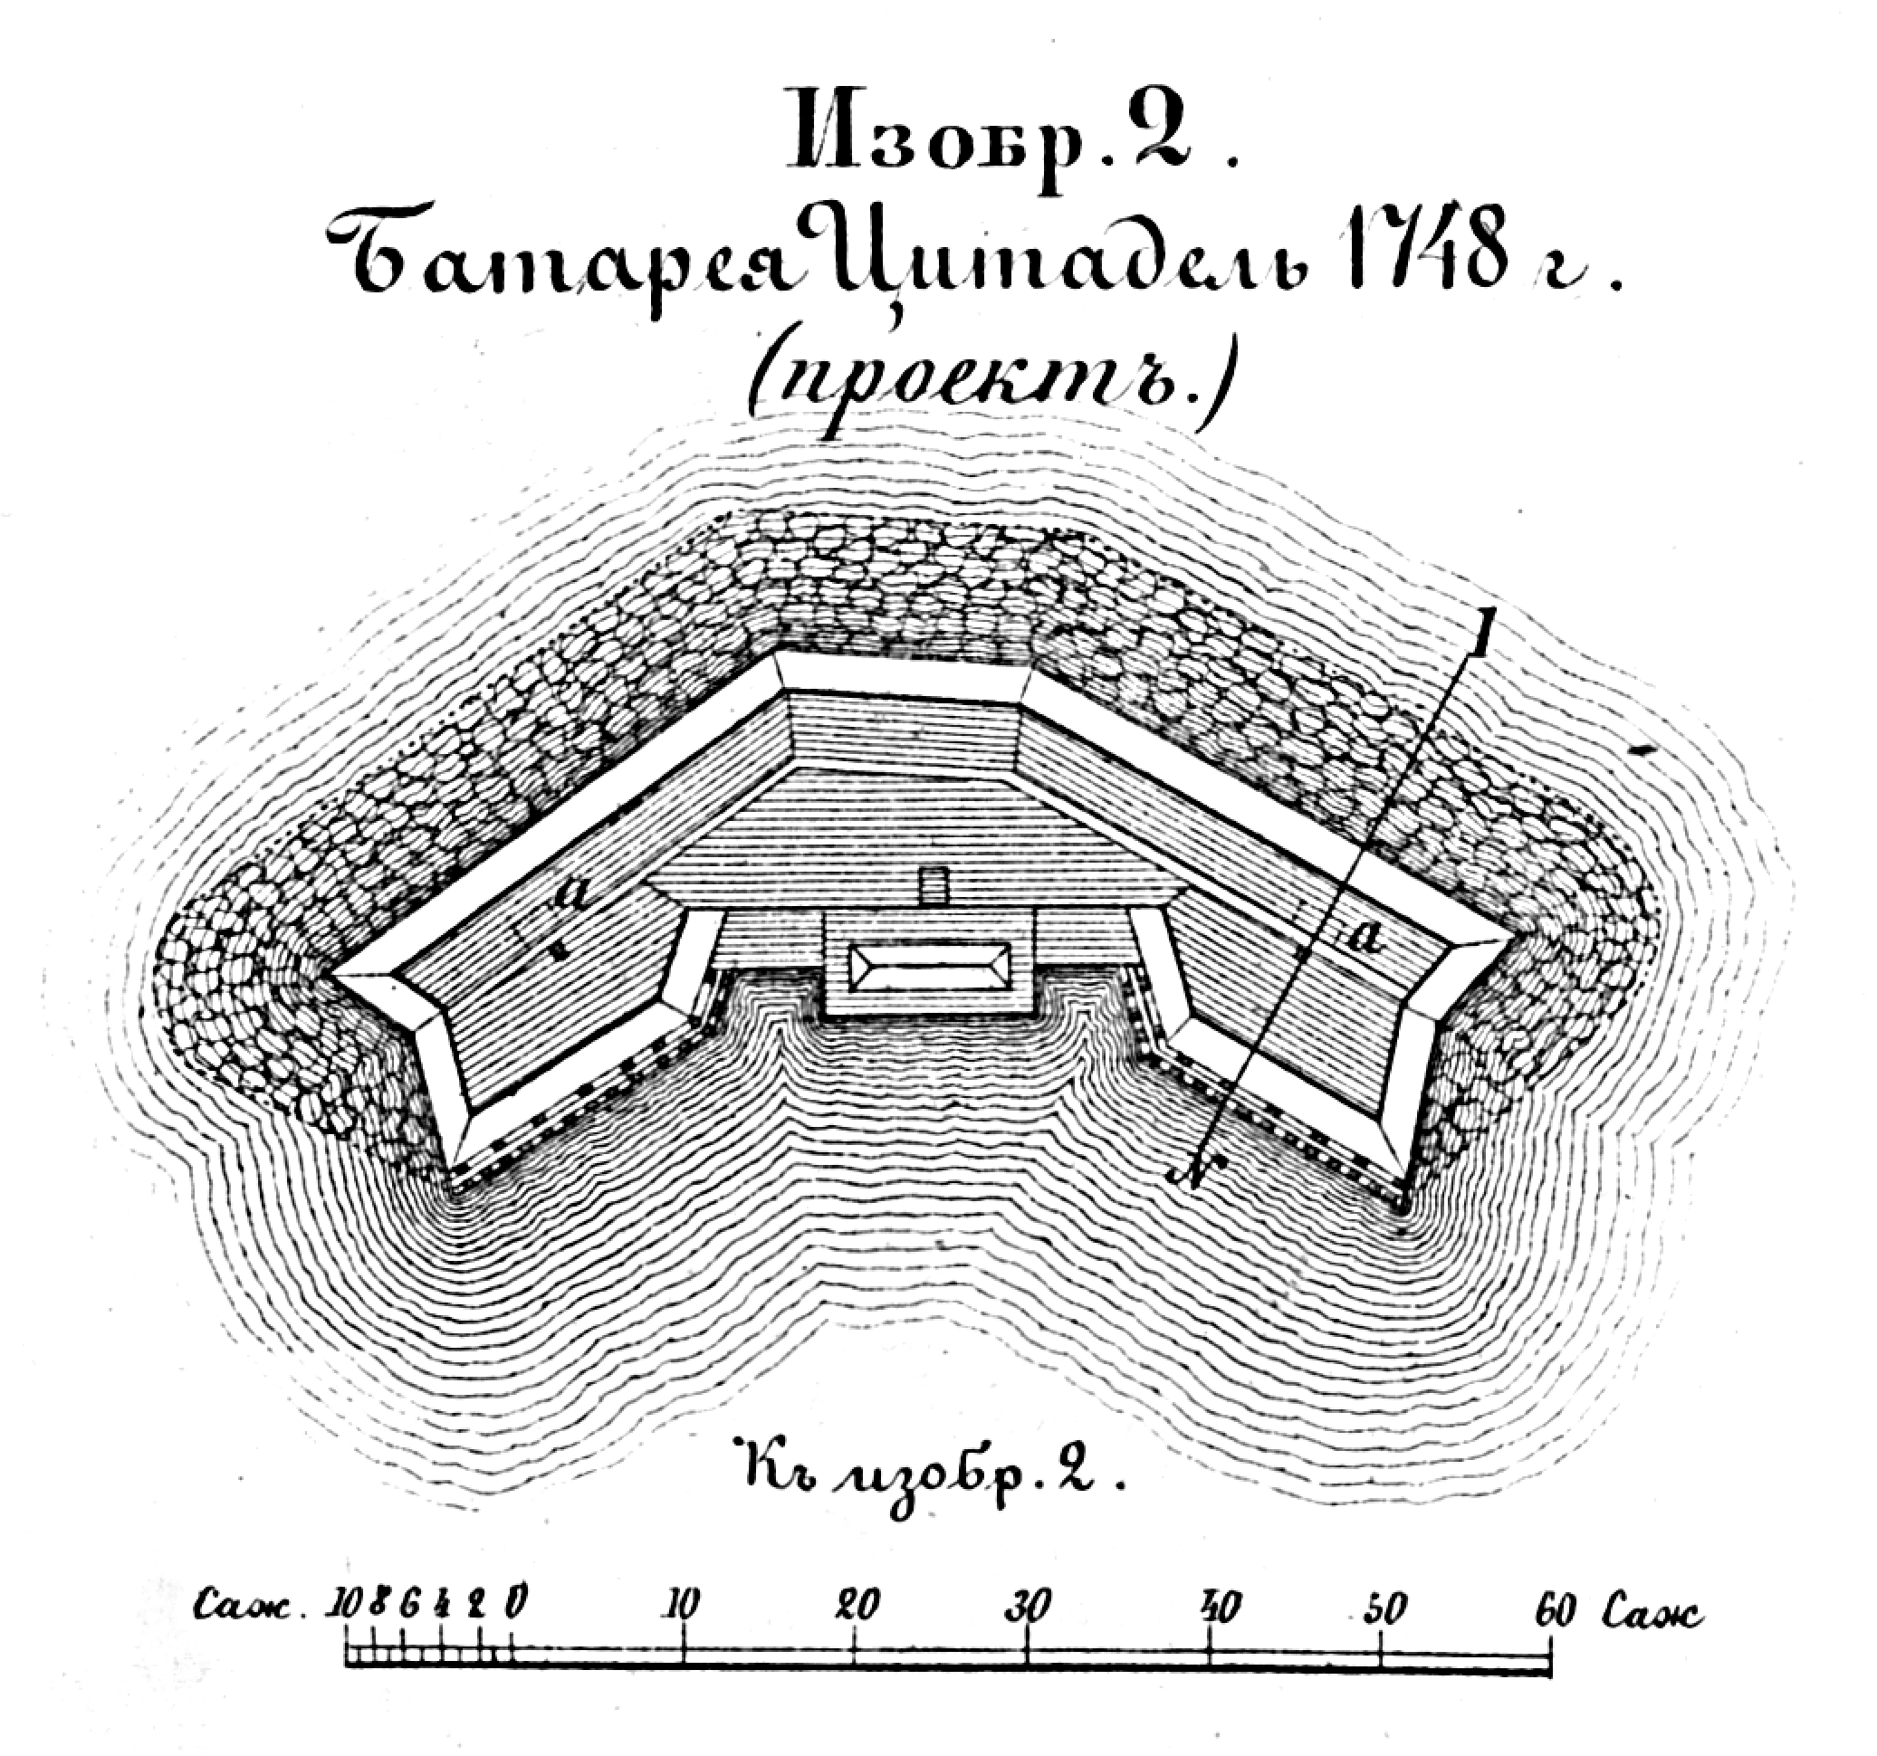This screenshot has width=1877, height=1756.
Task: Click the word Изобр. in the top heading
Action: pos(930,141)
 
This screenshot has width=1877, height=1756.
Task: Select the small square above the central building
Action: pos(934,885)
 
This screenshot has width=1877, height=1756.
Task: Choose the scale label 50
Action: pos(1384,1608)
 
